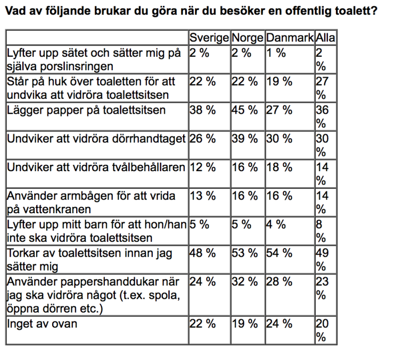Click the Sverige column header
[x=209, y=38]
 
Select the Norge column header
[x=248, y=38]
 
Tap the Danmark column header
[x=289, y=38]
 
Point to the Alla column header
[x=325, y=38]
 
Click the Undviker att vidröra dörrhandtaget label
[x=96, y=138]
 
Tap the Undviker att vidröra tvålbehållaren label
[x=96, y=167]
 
